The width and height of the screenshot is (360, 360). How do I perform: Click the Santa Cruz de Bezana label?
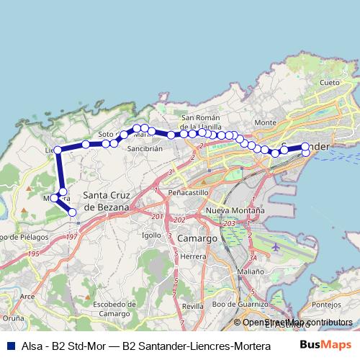click(x=106, y=201)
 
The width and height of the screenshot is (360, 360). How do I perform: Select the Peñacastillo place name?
click(x=187, y=193)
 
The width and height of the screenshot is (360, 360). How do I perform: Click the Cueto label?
click(x=329, y=83)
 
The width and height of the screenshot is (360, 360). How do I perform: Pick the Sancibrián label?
click(x=143, y=148)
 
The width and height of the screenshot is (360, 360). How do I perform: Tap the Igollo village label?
click(x=152, y=235)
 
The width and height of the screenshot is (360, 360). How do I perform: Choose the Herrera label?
click(x=195, y=256)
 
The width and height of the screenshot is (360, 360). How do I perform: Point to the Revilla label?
click(x=193, y=306)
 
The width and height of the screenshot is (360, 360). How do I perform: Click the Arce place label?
click(x=27, y=296)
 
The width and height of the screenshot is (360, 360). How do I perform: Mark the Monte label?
click(x=265, y=122)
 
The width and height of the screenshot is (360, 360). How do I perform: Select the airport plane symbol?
click(x=277, y=246)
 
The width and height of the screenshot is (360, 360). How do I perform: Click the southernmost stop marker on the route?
click(x=72, y=212)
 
